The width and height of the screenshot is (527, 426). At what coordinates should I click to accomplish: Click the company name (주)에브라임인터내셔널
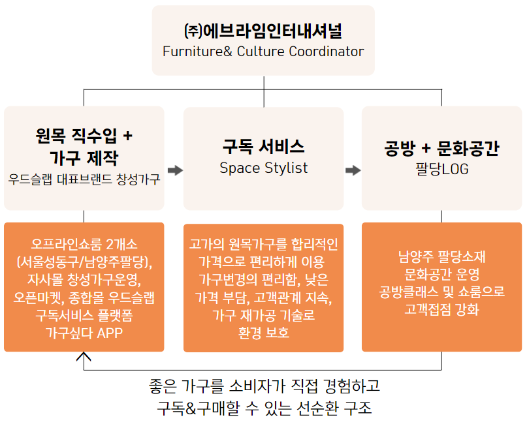[263, 31]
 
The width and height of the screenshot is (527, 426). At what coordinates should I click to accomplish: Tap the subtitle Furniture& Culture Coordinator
[263, 52]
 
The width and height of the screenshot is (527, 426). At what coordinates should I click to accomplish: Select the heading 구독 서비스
[263, 147]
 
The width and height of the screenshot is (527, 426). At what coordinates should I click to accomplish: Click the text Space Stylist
[263, 168]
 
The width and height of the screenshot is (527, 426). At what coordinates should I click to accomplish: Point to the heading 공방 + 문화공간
[441, 148]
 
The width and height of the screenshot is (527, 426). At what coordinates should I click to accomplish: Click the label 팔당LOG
[441, 169]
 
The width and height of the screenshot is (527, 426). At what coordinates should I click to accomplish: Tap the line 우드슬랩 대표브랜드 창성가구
[84, 179]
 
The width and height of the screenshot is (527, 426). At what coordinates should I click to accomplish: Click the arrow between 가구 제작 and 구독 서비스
[174, 170]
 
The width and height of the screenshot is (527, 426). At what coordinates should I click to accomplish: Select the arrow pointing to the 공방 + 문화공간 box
[353, 170]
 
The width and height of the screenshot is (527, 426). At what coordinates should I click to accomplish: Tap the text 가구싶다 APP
[84, 333]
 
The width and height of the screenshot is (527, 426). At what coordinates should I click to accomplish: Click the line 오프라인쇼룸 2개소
[84, 245]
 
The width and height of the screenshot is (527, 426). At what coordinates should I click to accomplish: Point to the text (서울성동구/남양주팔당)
[84, 262]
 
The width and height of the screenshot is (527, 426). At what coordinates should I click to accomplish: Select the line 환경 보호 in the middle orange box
[263, 333]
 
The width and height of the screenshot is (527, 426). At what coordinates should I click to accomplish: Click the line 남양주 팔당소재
[441, 256]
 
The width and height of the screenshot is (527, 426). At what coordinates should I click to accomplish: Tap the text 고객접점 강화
[441, 309]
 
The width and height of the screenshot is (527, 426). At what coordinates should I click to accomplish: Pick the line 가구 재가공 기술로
[263, 315]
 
